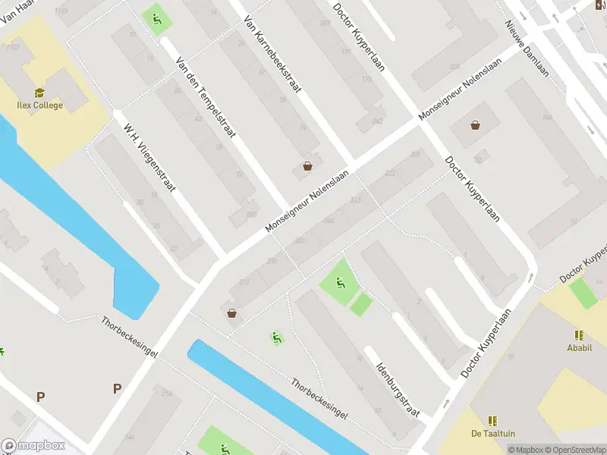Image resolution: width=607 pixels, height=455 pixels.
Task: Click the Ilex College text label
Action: [39, 105]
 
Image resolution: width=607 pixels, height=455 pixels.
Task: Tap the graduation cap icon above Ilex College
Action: [39, 93]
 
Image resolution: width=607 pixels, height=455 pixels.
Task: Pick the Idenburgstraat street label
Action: [398, 384]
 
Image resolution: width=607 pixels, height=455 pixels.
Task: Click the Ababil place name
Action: [580, 348]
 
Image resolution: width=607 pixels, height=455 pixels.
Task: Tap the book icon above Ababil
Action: [580, 334]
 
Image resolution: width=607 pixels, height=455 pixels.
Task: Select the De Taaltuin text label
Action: [493, 433]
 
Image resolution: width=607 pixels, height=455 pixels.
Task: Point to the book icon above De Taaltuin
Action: [493, 420]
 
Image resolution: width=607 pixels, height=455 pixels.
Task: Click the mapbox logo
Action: [32, 446]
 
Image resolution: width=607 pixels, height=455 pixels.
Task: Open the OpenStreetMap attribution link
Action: [574, 450]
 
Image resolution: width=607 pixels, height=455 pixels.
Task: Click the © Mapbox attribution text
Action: [525, 450]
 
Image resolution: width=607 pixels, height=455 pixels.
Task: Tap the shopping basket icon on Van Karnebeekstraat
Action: [307, 166]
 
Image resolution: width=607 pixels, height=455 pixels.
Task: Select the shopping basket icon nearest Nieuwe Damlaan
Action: [475, 125]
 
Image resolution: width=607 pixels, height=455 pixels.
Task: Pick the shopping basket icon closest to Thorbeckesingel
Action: [231, 313]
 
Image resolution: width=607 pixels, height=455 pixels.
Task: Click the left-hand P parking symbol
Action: [40, 396]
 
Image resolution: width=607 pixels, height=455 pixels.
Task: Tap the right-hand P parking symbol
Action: [117, 388]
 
